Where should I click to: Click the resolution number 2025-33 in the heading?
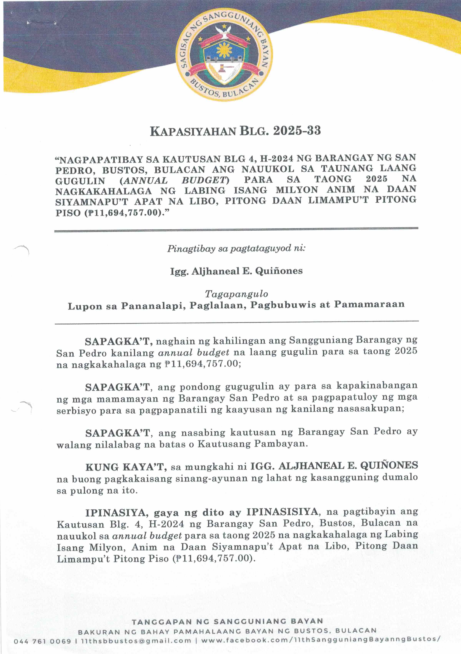[x=297, y=131]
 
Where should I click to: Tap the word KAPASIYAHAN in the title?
[x=193, y=131]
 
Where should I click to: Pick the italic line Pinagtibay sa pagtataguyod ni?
[x=236, y=249]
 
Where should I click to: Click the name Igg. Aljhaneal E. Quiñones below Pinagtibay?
[x=236, y=271]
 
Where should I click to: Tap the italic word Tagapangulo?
[x=236, y=294]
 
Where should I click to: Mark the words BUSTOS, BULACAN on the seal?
[x=224, y=88]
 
